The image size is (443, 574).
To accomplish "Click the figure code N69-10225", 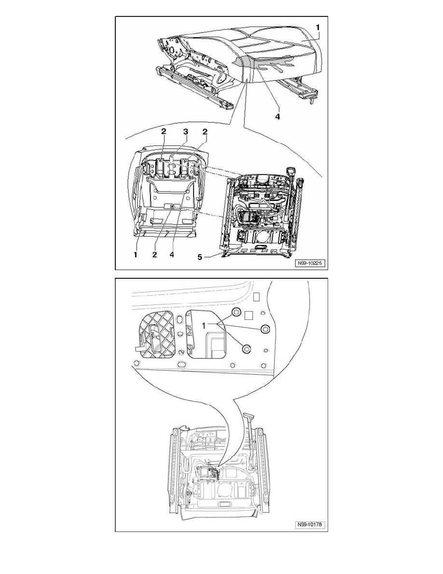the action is click(310, 263).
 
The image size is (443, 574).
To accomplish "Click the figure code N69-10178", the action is click(310, 525).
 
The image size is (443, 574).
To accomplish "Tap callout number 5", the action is click(200, 257).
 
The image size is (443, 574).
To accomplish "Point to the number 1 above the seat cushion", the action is click(318, 27).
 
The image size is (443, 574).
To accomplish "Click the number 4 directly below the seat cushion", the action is click(277, 116).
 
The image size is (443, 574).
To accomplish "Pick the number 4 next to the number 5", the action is click(171, 254).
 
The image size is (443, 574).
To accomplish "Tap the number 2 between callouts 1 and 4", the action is click(154, 254).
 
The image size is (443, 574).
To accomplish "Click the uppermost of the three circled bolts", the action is click(236, 312).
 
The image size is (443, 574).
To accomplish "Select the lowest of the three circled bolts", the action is click(247, 349).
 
